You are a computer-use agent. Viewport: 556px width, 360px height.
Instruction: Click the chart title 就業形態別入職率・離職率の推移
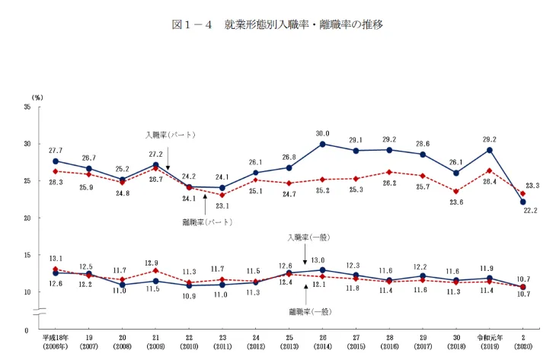click(277, 24)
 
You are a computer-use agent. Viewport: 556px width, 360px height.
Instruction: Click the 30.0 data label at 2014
click(323, 133)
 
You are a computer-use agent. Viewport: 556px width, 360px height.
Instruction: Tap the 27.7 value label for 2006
click(55, 151)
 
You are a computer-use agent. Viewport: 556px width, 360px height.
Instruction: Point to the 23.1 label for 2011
click(222, 205)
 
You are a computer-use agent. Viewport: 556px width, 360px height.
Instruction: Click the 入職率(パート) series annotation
click(171, 135)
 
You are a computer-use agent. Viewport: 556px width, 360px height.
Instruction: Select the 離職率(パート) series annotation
click(207, 222)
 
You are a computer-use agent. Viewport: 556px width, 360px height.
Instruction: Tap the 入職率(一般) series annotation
click(308, 237)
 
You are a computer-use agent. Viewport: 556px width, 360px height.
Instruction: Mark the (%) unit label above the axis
click(37, 98)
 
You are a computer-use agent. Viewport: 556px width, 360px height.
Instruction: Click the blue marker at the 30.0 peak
click(323, 144)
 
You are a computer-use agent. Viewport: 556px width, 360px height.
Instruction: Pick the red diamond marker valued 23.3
click(522, 193)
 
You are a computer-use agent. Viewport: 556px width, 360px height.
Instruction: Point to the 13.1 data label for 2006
click(55, 258)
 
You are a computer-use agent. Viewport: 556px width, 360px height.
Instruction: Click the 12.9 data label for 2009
click(155, 262)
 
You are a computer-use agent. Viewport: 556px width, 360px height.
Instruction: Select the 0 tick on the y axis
click(27, 330)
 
